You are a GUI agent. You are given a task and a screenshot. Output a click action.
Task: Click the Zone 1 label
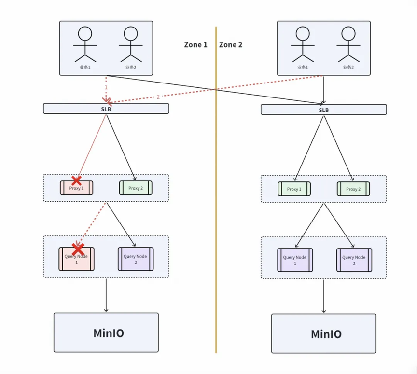pos(195,45)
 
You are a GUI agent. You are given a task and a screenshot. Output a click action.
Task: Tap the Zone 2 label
pos(231,45)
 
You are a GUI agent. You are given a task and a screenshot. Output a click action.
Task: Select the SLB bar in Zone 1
pos(106,109)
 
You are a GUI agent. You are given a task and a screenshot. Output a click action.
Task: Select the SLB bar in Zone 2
pos(324,110)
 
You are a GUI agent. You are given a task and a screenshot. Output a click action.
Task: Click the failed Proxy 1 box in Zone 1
pos(77,188)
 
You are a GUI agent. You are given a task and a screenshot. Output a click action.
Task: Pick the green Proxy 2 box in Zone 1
pos(136,188)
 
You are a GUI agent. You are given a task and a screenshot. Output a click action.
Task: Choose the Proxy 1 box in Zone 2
pos(294,189)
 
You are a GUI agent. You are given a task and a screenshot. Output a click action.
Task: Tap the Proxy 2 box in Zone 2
pos(353,189)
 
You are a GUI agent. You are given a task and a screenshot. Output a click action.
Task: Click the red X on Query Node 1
pos(78,249)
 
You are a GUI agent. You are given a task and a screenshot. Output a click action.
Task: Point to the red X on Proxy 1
pos(77,180)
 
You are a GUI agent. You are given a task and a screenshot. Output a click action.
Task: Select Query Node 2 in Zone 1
pos(136,259)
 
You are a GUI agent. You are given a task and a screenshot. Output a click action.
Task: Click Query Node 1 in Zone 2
pos(295,260)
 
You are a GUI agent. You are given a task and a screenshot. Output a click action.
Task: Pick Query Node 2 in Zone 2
pos(354,260)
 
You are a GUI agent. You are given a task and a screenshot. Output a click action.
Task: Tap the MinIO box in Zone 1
pos(106,332)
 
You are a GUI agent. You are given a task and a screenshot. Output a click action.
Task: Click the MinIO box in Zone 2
pos(324,333)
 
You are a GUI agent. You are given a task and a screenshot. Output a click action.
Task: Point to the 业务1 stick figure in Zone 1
pos(85,44)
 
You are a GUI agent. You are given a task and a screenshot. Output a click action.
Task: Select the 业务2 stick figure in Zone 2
pos(348,44)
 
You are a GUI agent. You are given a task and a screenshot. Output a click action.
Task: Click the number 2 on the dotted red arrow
pos(158,97)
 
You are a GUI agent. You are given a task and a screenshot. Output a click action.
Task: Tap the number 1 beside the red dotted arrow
pos(106,87)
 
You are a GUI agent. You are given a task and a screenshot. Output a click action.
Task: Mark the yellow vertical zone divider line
pos(216,190)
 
